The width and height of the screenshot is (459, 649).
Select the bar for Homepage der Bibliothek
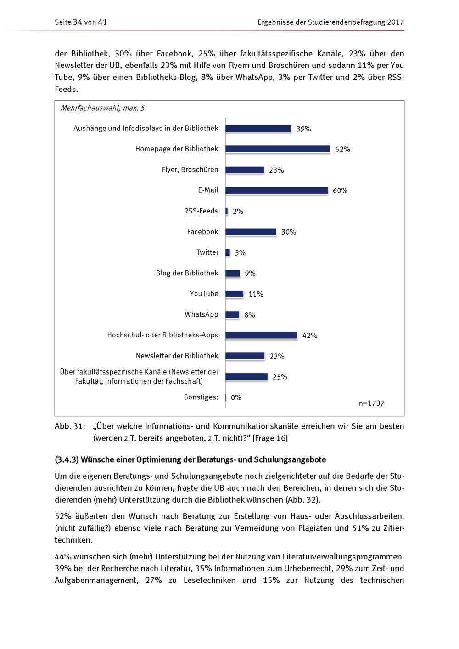pyautogui.click(x=278, y=149)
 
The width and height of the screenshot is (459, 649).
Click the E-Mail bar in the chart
pyautogui.click(x=276, y=190)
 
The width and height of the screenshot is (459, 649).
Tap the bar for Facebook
pyautogui.click(x=251, y=232)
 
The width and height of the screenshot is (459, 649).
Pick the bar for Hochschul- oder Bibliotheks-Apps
pyautogui.click(x=261, y=335)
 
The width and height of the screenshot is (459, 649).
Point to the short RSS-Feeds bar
pyautogui.click(x=227, y=211)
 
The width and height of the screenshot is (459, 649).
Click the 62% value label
pyautogui.click(x=342, y=150)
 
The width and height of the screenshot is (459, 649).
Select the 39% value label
pyautogui.click(x=303, y=129)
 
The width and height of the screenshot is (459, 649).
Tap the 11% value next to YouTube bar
pyautogui.click(x=256, y=294)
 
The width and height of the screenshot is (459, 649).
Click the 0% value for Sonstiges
pyautogui.click(x=236, y=397)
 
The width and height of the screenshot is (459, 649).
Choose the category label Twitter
pyautogui.click(x=207, y=252)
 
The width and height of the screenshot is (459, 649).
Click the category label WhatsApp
pyautogui.click(x=202, y=314)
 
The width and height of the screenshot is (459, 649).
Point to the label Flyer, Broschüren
pyautogui.click(x=190, y=170)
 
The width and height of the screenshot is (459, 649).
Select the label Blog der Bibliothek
pyautogui.click(x=187, y=273)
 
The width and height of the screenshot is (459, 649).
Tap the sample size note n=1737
pyautogui.click(x=371, y=403)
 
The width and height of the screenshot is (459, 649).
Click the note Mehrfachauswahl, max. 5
pyautogui.click(x=102, y=108)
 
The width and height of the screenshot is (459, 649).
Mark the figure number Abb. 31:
pyautogui.click(x=70, y=426)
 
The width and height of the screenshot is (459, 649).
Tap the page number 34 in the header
pyautogui.click(x=78, y=22)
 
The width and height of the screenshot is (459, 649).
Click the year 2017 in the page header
pyautogui.click(x=395, y=22)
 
